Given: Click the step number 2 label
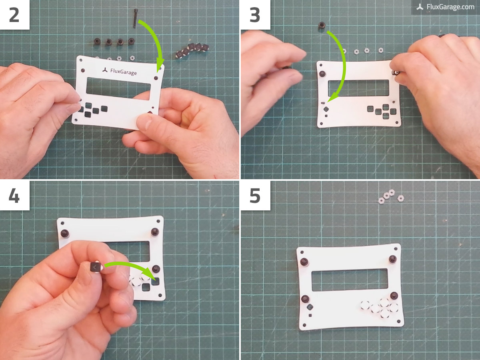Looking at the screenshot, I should pyautogui.click(x=14, y=14).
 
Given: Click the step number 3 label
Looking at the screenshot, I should pyautogui.click(x=255, y=14).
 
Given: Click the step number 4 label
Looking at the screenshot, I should pyautogui.click(x=14, y=196).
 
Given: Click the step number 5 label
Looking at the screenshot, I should pyautogui.click(x=255, y=196).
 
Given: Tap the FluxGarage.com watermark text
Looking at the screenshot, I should pyautogui.click(x=446, y=7).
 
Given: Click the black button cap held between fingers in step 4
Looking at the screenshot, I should pyautogui.click(x=95, y=267).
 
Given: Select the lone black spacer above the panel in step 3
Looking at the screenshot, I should pyautogui.click(x=322, y=26).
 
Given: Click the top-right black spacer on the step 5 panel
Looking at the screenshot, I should pyautogui.click(x=392, y=259).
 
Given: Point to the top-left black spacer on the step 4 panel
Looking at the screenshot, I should pyautogui.click(x=64, y=234).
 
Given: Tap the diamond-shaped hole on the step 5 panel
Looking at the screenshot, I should pyautogui.click(x=309, y=308).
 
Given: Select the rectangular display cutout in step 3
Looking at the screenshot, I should pyautogui.click(x=358, y=88).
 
